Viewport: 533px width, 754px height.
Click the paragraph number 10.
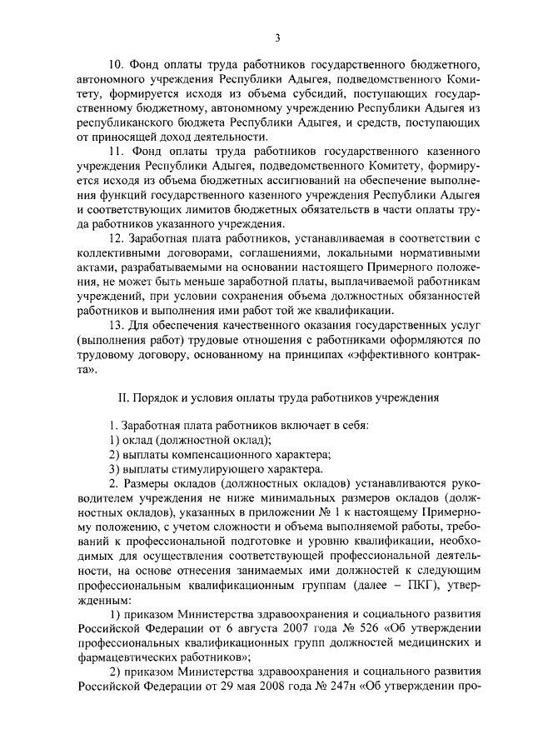coord(116,63)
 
